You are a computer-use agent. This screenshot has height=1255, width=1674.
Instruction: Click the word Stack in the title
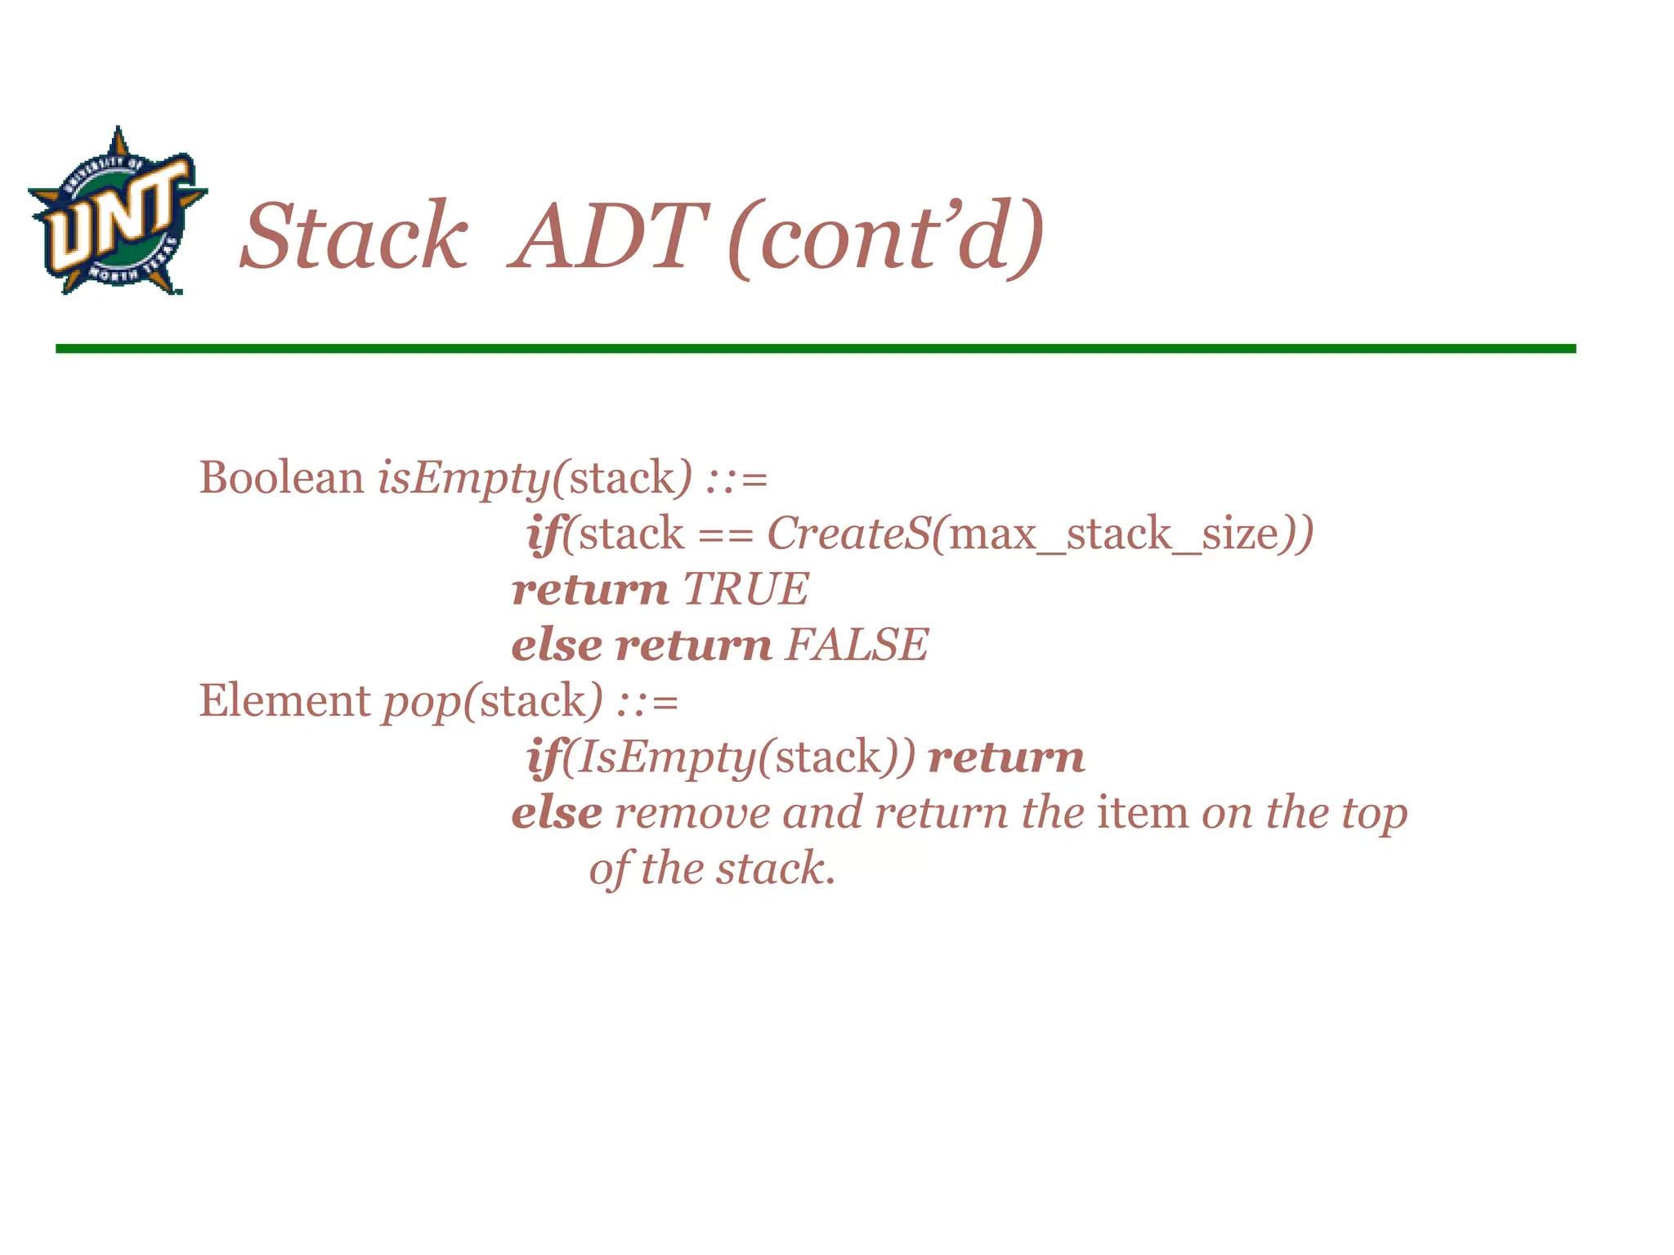[x=354, y=237]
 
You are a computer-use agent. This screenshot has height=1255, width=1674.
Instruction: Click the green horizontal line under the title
[x=815, y=349]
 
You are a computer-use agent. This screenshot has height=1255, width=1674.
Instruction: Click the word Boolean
[x=281, y=477]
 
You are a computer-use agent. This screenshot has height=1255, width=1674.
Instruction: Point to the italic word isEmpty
[x=463, y=479]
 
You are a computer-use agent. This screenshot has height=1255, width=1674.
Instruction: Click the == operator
[x=725, y=535]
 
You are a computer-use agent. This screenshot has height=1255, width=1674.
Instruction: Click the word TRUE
[x=745, y=589]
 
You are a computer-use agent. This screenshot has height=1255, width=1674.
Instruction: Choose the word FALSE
[x=856, y=645]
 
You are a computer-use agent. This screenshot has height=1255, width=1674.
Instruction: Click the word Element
[x=284, y=701]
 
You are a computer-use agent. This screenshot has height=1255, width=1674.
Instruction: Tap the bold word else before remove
[x=556, y=813]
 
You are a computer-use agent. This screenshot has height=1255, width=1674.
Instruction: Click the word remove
[x=692, y=814]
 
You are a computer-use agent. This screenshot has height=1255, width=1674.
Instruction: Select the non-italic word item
[x=1143, y=813]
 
